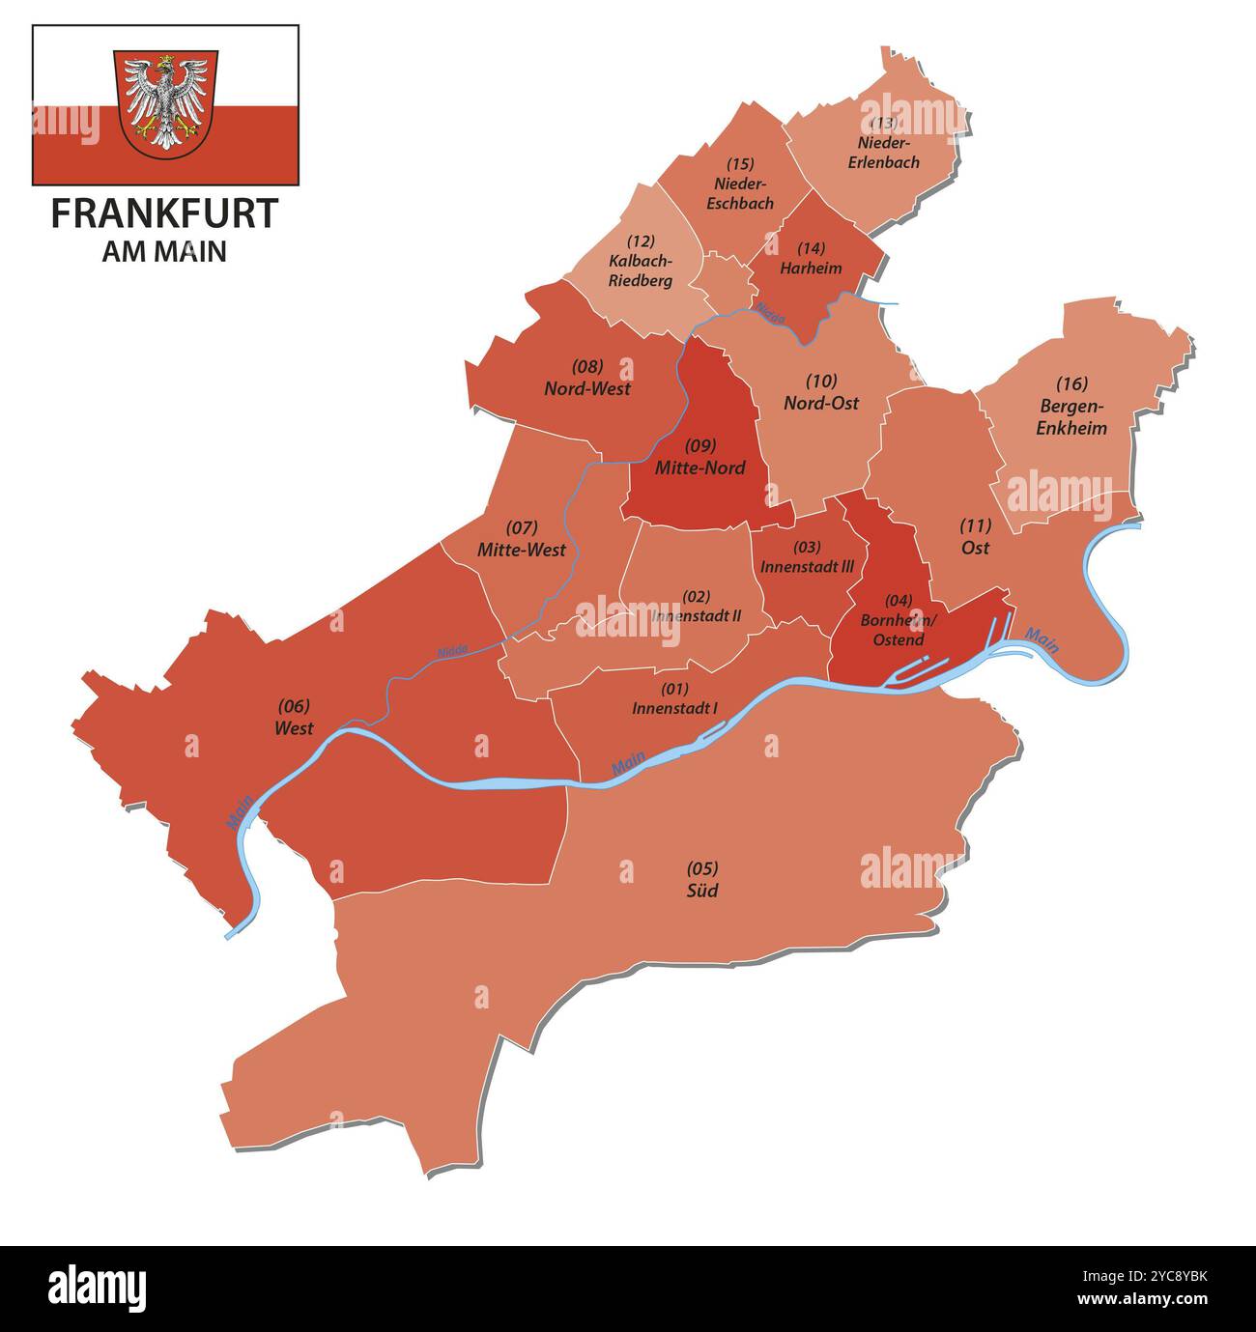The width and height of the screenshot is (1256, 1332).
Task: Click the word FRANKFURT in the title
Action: click(164, 213)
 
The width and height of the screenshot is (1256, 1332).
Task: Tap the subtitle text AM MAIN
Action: click(164, 251)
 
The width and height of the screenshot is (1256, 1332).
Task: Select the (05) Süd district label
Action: click(702, 880)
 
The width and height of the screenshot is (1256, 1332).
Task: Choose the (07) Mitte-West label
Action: click(522, 539)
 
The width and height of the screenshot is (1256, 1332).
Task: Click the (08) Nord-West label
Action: click(587, 378)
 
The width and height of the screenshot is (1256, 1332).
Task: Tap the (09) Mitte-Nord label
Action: click(700, 457)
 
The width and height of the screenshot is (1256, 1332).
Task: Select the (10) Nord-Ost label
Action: click(821, 392)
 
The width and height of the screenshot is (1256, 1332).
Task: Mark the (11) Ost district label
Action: click(975, 537)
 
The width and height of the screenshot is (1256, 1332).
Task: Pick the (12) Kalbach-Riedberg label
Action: click(640, 261)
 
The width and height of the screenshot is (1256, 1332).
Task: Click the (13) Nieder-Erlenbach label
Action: click(883, 143)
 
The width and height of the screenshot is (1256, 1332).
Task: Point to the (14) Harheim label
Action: click(811, 258)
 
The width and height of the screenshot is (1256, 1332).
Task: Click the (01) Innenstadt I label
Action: click(674, 698)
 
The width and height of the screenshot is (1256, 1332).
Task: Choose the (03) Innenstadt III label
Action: click(807, 557)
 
